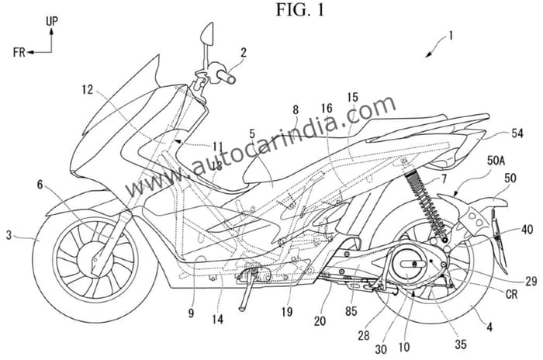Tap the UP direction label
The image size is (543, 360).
click(x=52, y=24)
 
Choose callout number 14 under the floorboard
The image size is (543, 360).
click(x=218, y=317)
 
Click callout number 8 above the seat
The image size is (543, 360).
click(x=295, y=111)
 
